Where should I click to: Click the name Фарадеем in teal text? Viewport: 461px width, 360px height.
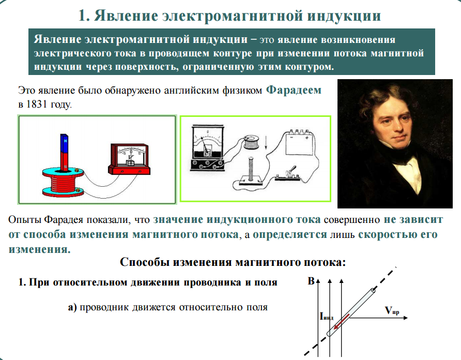click(x=294, y=90)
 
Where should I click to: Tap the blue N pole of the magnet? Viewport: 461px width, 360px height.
click(x=64, y=143)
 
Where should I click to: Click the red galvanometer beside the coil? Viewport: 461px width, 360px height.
click(x=129, y=159)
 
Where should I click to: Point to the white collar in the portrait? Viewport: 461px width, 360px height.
click(x=407, y=172)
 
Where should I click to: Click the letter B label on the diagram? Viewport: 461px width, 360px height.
click(x=311, y=281)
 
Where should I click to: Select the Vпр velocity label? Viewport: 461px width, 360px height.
click(x=392, y=310)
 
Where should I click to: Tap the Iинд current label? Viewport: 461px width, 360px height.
click(x=326, y=317)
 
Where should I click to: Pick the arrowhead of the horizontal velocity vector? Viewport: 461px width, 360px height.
click(x=406, y=318)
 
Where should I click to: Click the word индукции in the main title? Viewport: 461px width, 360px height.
click(x=344, y=16)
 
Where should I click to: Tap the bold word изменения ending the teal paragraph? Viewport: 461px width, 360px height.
click(x=39, y=249)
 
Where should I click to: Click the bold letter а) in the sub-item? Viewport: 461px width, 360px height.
click(x=72, y=307)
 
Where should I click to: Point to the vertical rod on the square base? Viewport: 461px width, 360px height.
click(x=251, y=169)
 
